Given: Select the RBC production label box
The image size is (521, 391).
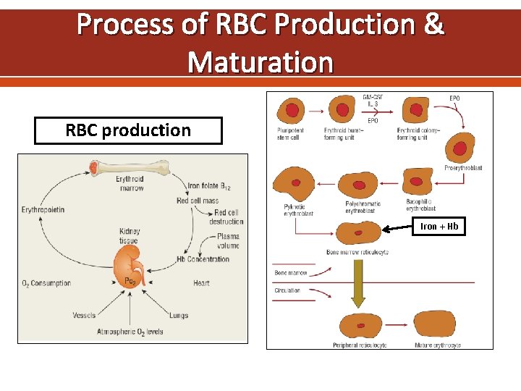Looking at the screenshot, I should (128, 131).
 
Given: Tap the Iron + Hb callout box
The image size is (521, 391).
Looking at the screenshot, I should (439, 227).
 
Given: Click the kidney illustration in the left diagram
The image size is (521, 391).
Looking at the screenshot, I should (131, 265).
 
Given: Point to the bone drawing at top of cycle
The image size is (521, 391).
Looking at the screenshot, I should (130, 168).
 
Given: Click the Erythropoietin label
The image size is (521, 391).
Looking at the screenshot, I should (46, 210).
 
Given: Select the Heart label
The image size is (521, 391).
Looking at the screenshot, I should (201, 283).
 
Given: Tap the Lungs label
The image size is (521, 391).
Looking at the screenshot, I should (179, 316).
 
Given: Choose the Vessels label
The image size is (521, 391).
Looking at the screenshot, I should (84, 316).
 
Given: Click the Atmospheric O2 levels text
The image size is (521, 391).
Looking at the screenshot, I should (130, 332).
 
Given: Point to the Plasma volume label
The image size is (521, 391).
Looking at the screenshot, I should (227, 241).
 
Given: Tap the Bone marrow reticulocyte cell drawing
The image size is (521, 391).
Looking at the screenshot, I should (358, 233).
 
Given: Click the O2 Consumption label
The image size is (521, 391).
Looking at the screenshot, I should (46, 283).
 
